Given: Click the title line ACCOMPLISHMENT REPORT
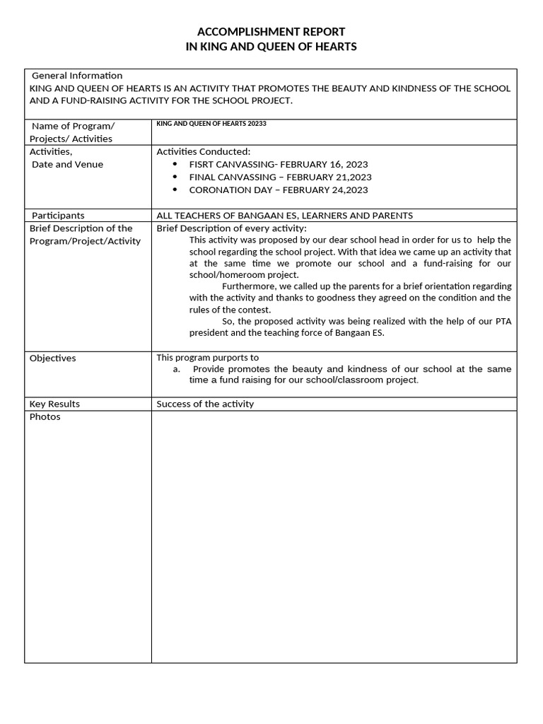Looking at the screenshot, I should tap(271, 32).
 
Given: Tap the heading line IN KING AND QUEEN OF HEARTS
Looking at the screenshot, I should tap(271, 47).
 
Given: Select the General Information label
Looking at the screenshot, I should tap(77, 76).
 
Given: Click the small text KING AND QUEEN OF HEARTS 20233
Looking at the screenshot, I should tap(211, 124).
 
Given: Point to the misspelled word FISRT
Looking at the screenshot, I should tap(202, 164).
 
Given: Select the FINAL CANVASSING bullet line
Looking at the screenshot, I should tap(280, 177).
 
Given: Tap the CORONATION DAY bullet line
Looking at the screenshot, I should tap(279, 189).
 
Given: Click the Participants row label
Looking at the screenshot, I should tap(58, 216).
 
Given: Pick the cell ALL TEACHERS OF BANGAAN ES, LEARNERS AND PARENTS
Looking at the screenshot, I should tap(284, 216).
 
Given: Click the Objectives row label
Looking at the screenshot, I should tap(53, 358).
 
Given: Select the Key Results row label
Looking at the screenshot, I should tap(55, 404).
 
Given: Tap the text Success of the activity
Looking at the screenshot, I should tap(205, 404).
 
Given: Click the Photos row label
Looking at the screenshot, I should tap(45, 417).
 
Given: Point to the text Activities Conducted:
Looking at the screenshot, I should tap(204, 151).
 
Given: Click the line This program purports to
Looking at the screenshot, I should tap(208, 358).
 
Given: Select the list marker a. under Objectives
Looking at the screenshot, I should tap(177, 369).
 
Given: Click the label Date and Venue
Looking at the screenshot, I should tap(68, 165).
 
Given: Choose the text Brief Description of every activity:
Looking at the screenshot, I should tap(231, 228).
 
